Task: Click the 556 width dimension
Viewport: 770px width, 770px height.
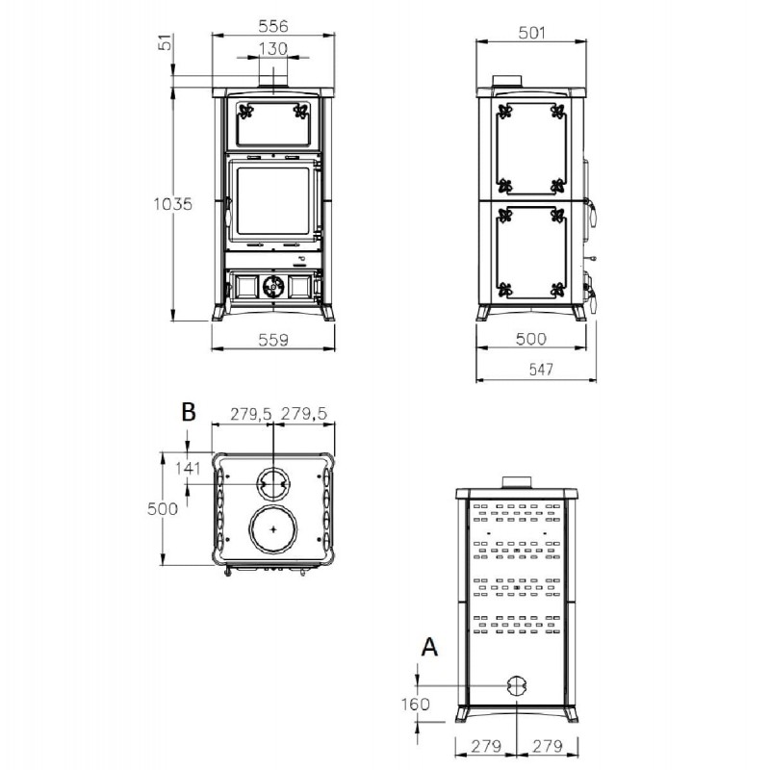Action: [x=273, y=26]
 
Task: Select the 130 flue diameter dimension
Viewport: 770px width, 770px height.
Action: [x=273, y=49]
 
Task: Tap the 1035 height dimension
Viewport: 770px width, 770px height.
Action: [x=173, y=203]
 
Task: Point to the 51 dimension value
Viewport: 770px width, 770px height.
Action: [x=167, y=42]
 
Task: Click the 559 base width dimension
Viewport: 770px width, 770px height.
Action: [x=273, y=340]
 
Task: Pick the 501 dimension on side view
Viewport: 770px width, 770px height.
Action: [x=532, y=33]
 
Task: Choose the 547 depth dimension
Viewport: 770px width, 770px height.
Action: [x=541, y=369]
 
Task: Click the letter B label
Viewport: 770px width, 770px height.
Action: [x=189, y=412]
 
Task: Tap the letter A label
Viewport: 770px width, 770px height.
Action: [x=429, y=647]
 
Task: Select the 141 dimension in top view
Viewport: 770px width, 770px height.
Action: [x=188, y=468]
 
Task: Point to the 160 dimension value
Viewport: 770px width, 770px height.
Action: [x=416, y=705]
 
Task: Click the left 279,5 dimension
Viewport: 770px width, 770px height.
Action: [x=250, y=414]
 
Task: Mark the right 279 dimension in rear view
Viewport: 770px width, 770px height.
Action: [x=548, y=746]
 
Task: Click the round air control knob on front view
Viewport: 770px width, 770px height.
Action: [x=273, y=286]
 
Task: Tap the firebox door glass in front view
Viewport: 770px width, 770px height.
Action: [x=273, y=201]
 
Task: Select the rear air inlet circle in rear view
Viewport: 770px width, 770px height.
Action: [x=516, y=685]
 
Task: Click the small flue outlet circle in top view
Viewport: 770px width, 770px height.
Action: [x=273, y=484]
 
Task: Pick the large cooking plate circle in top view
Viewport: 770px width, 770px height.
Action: [x=273, y=528]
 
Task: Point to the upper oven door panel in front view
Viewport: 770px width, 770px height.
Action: [x=273, y=124]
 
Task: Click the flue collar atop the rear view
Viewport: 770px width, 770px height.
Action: [x=516, y=482]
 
